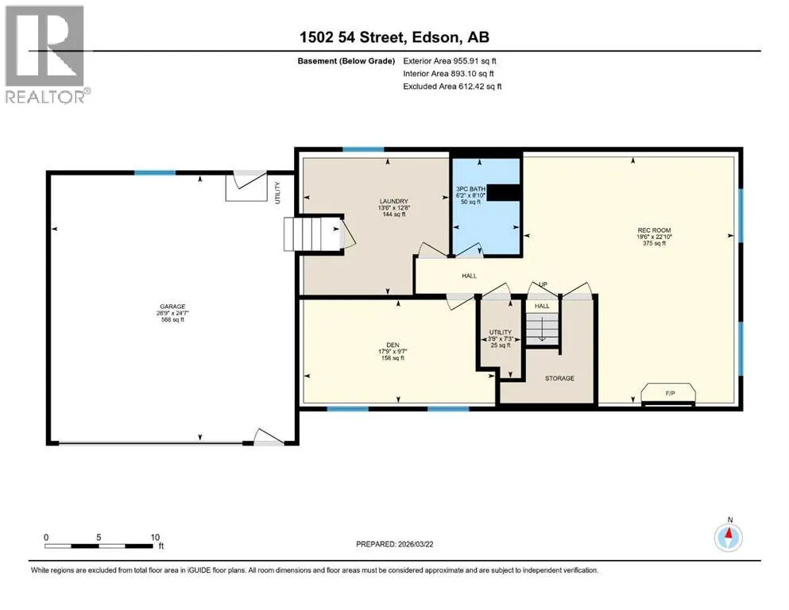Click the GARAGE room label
[172, 307]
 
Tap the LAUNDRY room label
[393, 201]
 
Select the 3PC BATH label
[470, 189]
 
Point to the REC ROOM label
[654, 230]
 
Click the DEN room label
[393, 345]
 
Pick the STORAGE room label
[559, 378]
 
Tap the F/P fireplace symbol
[669, 394]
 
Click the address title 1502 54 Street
[352, 37]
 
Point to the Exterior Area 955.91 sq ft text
[450, 61]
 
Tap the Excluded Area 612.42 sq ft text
[452, 86]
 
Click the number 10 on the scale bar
[155, 537]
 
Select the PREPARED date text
[394, 544]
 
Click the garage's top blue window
[155, 173]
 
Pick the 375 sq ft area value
[654, 243]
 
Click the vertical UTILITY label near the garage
[277, 192]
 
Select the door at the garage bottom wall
[269, 437]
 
